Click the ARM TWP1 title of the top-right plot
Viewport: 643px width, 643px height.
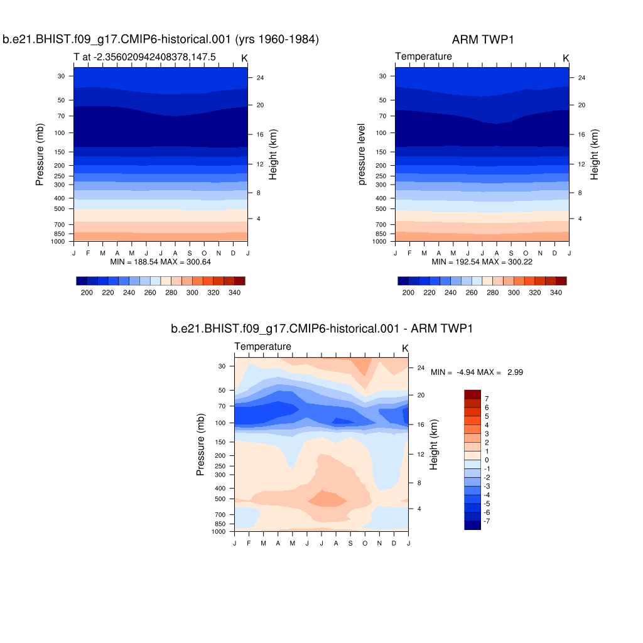482,40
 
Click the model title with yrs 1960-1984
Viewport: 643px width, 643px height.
161,40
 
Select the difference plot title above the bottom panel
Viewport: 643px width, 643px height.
321,328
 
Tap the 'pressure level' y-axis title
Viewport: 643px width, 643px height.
362,154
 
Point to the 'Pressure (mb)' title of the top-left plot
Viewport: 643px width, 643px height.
40,154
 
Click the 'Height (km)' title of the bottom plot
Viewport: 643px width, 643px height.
433,445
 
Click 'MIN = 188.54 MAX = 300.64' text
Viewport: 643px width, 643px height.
161,261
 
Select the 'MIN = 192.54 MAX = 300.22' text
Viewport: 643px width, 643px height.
482,261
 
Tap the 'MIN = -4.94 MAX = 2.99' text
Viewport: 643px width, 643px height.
477,372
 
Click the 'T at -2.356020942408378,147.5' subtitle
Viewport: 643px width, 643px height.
144,57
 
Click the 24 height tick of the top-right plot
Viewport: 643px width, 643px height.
581,78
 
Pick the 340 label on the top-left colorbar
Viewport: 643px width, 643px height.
235,293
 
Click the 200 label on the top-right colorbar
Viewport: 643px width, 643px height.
408,293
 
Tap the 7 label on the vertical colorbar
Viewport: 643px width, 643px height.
487,399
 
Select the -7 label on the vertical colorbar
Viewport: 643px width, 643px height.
487,521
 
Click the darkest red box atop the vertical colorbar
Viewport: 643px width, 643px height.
472,394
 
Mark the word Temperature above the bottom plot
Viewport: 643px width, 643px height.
262,347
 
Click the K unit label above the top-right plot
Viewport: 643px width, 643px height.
566,58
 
